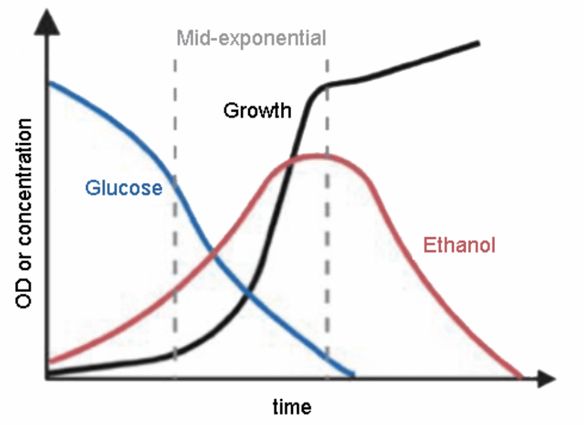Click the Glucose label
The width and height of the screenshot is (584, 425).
point(124,188)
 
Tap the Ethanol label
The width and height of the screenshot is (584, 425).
point(459,245)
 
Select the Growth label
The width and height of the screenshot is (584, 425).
point(258,111)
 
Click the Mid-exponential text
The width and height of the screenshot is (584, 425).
point(251,38)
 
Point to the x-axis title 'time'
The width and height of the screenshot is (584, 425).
point(292,407)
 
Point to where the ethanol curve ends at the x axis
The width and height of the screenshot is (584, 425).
point(520,377)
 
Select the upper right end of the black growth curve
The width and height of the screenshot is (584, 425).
point(478,43)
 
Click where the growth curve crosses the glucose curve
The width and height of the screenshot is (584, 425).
point(247,293)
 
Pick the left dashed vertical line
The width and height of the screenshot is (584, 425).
point(175,214)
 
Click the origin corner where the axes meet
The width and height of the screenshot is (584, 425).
point(45,379)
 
